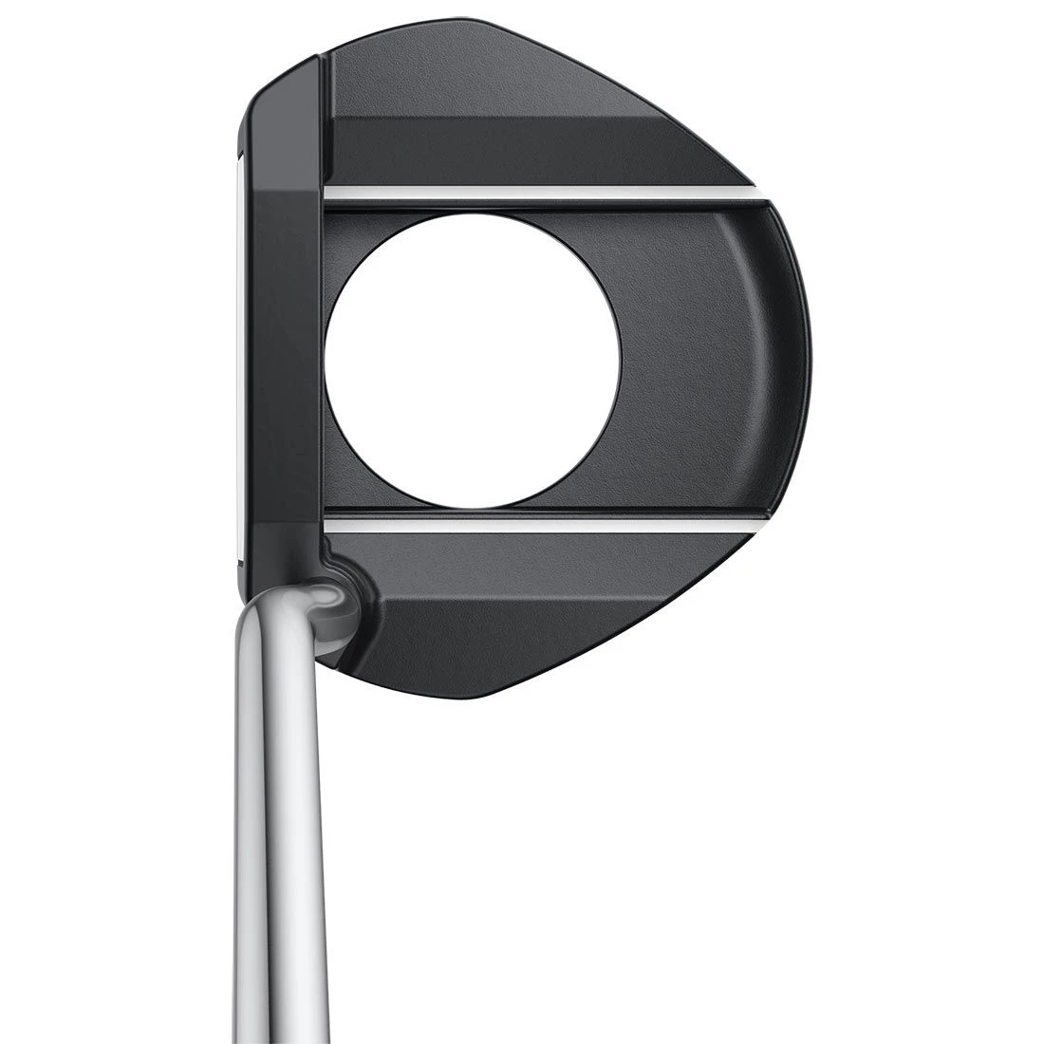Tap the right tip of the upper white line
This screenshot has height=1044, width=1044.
(x=759, y=197)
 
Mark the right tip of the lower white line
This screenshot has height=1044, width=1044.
(x=759, y=523)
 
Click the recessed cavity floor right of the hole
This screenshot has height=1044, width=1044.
(x=693, y=361)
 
